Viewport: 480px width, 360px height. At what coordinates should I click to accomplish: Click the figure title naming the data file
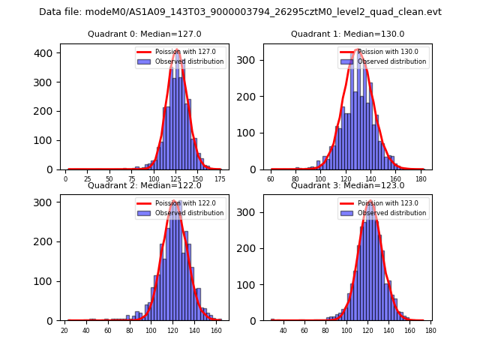point(240,12)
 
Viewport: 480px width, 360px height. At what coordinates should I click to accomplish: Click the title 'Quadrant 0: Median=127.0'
point(144,34)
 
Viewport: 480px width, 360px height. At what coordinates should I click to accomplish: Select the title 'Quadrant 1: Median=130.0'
point(347,34)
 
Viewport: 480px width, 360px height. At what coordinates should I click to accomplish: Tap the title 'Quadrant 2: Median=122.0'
point(144,185)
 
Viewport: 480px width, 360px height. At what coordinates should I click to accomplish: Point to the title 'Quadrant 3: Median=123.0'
point(347,185)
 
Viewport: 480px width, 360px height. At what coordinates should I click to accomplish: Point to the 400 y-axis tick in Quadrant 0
point(44,52)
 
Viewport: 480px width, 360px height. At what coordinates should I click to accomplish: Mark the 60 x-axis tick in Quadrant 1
point(271,179)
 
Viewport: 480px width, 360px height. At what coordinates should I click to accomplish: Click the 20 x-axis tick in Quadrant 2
point(64,330)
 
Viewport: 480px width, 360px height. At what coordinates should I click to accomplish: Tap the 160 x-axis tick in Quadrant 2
point(215,330)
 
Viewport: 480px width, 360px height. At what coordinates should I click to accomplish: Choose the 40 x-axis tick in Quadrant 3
point(283,330)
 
